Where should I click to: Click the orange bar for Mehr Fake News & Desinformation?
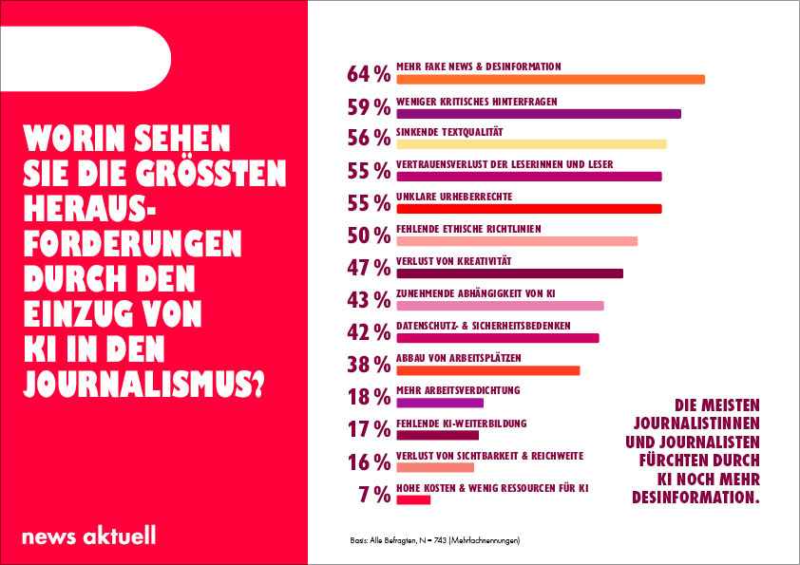[x=550, y=80]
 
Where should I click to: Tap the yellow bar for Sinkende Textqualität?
[x=531, y=144]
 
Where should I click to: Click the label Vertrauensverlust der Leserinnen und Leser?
[x=505, y=164]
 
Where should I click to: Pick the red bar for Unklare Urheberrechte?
[x=528, y=209]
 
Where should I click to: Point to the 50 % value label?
[x=370, y=235]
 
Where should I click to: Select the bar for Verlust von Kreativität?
[x=509, y=273]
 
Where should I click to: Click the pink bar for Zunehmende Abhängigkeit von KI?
[x=500, y=306]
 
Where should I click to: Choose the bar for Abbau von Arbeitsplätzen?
[x=487, y=370]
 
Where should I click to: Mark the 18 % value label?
[x=370, y=397]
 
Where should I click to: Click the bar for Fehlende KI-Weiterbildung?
[x=437, y=435]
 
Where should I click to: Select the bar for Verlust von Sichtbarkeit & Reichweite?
[x=435, y=467]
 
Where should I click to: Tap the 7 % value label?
[x=376, y=494]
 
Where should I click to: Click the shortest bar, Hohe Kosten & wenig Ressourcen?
[x=413, y=499]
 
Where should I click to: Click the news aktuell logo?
[x=88, y=536]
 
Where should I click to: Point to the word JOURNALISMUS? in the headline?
[x=143, y=385]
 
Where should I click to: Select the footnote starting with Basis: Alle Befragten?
[x=435, y=540]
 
